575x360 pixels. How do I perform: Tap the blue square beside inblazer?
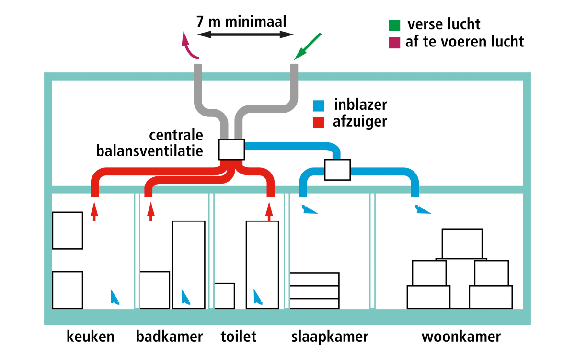click(319, 105)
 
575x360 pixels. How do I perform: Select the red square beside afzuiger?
click(319, 122)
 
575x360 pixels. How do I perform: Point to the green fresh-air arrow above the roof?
click(308, 47)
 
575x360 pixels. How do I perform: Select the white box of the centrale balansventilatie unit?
click(231, 150)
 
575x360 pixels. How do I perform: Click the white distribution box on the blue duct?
click(338, 170)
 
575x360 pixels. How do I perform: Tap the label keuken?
click(90, 337)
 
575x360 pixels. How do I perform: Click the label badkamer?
click(169, 337)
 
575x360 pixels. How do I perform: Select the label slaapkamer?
click(330, 337)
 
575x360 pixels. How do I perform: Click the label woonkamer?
click(461, 337)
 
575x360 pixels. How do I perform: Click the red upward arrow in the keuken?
click(94, 211)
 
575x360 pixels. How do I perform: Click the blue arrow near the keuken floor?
click(114, 297)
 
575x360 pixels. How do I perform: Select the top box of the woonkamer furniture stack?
click(462, 244)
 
